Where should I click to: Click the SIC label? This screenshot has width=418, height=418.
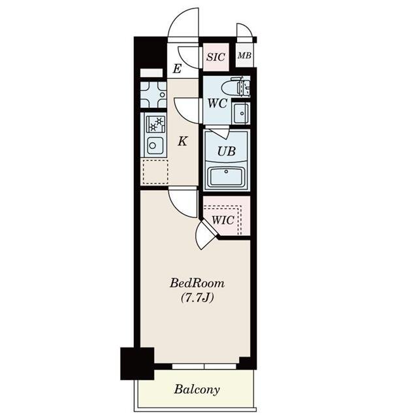pos(216,57)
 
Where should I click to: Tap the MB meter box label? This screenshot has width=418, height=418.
pos(244,56)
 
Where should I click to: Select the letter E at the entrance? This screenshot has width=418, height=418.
pos(177,69)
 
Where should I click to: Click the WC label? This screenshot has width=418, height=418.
pos(217,103)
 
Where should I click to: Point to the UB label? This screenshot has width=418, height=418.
pos(227,152)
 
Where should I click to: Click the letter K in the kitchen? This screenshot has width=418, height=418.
pos(183,141)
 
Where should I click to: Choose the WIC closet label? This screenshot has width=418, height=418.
pos(223,220)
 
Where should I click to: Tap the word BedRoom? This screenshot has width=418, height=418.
pos(197,283)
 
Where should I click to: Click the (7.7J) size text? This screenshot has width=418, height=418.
pos(197,298)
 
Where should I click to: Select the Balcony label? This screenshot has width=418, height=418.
pos(197,389)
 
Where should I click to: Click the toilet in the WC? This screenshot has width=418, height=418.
pos(235,86)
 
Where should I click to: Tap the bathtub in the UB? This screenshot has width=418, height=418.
pos(226,177)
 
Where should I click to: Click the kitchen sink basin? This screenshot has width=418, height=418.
pos(155,146)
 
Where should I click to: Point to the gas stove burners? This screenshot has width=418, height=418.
pos(155,125)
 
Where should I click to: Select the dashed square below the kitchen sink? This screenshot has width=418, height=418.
pos(155,171)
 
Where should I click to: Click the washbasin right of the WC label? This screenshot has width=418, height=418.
pos(241,113)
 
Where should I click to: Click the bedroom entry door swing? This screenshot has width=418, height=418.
pos(183,202)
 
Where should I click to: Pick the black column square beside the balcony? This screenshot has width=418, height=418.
pos(137,363)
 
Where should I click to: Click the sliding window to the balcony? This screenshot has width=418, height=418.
pos(204,367)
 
